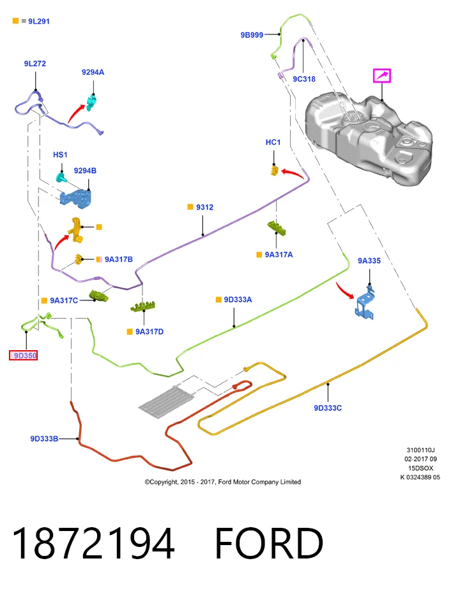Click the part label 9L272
34,63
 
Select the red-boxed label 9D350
24,355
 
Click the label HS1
60,155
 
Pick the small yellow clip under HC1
275,171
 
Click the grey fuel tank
369,140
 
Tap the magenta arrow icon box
382,75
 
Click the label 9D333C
328,408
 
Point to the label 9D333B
44,439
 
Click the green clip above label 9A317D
143,306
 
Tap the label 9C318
304,79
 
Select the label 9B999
252,35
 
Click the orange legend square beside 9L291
15,21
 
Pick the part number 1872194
93,543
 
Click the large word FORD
269,543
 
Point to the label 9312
204,207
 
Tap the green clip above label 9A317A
277,228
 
